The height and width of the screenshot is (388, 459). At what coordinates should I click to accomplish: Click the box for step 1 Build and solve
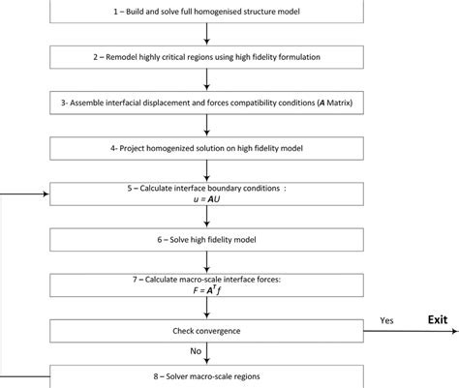(207, 12)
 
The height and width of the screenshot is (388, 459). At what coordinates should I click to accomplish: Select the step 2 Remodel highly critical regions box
(207, 57)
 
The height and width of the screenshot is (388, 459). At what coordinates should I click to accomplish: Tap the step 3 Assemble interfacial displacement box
(207, 102)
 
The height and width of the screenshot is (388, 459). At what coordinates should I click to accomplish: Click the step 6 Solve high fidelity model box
(207, 238)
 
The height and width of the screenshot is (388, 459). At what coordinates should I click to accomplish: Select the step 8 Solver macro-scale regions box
(207, 375)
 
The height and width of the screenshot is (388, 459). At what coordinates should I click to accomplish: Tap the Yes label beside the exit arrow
(386, 318)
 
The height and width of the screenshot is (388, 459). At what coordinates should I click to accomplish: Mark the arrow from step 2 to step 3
(207, 79)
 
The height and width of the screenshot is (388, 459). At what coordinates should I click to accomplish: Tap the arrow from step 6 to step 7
(207, 260)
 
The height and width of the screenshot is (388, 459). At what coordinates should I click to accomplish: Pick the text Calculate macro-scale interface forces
(207, 279)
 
